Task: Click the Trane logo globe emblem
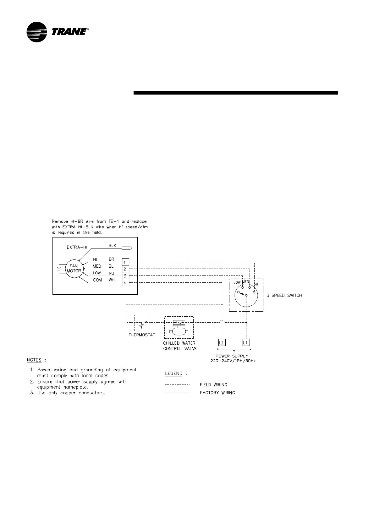coord(37,32)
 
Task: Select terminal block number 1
coord(125,262)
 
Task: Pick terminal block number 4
coord(125,283)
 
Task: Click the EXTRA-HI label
coord(77,247)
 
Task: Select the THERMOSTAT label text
coord(142,335)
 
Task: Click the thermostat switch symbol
coord(142,323)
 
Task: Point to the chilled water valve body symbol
coord(179,331)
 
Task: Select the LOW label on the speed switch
coord(237,282)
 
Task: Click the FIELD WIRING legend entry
coord(213,384)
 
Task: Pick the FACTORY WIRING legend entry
coord(217,393)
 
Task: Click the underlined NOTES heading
coord(34,360)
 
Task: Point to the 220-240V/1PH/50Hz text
coord(233,361)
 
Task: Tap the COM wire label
coord(97,280)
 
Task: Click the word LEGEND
coord(174,374)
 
